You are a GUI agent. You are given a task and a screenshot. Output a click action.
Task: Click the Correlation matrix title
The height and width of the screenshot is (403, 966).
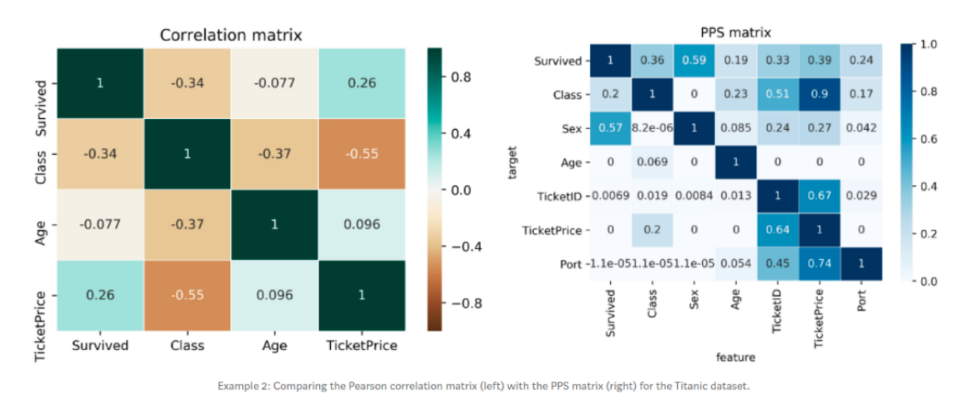point(230,35)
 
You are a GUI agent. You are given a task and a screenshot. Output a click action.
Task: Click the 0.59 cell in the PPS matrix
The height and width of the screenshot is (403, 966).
point(694,61)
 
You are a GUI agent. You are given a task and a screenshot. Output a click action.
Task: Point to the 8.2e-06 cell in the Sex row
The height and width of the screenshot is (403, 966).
point(652,129)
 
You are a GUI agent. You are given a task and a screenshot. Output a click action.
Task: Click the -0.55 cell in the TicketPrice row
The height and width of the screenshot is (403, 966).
point(188,296)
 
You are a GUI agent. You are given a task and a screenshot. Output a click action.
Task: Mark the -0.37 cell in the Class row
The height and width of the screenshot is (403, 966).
point(274,154)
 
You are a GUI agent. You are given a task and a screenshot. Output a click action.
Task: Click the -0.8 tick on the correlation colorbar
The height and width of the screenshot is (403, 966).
point(466,303)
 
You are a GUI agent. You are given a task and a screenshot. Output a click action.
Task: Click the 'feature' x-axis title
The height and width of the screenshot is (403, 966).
point(736,357)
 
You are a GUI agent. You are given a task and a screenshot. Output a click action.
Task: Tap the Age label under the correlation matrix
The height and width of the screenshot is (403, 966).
point(274,345)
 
